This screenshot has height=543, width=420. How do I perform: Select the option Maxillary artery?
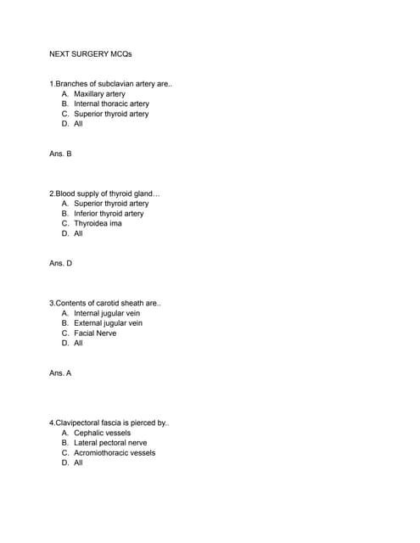coord(99,94)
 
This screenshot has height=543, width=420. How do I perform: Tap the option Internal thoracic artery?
coord(111,104)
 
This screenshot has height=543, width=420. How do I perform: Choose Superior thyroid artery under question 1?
coord(111,114)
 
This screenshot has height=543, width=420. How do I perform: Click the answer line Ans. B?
coord(61,154)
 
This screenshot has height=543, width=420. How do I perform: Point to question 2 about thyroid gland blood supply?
coord(105,193)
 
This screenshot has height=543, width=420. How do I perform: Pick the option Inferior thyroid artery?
coord(109,214)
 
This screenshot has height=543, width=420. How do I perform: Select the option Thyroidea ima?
coord(98,223)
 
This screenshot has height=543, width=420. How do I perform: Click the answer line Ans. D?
coord(61,263)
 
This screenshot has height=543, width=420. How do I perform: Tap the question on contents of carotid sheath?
coord(105,303)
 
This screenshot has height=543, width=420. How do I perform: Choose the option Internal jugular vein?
coord(107,313)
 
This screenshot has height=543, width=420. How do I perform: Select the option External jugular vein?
coord(108,323)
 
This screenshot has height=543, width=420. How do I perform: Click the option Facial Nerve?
coord(95,333)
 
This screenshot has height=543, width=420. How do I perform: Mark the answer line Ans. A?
coord(61,372)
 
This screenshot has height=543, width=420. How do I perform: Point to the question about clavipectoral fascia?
coord(110,423)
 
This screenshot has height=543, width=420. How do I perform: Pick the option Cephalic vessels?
coord(102,433)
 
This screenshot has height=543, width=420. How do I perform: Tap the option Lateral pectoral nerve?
coord(110,443)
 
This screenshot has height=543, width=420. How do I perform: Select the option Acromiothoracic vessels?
coord(115,453)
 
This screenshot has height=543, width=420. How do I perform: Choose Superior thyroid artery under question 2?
coord(111,204)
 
